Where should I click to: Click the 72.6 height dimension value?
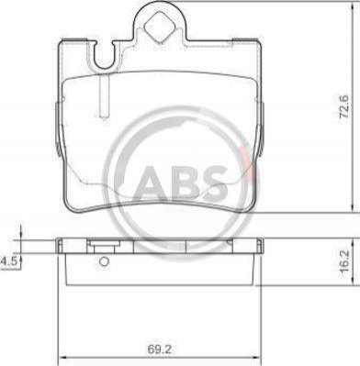click(x=344, y=106)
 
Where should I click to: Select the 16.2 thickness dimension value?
click(x=344, y=262)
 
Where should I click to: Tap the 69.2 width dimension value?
click(x=158, y=349)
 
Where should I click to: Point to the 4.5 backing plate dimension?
click(x=7, y=261)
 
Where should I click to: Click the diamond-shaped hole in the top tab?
click(x=159, y=27)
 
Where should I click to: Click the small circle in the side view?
click(x=105, y=261)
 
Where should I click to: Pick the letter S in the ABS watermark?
click(x=214, y=184)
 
